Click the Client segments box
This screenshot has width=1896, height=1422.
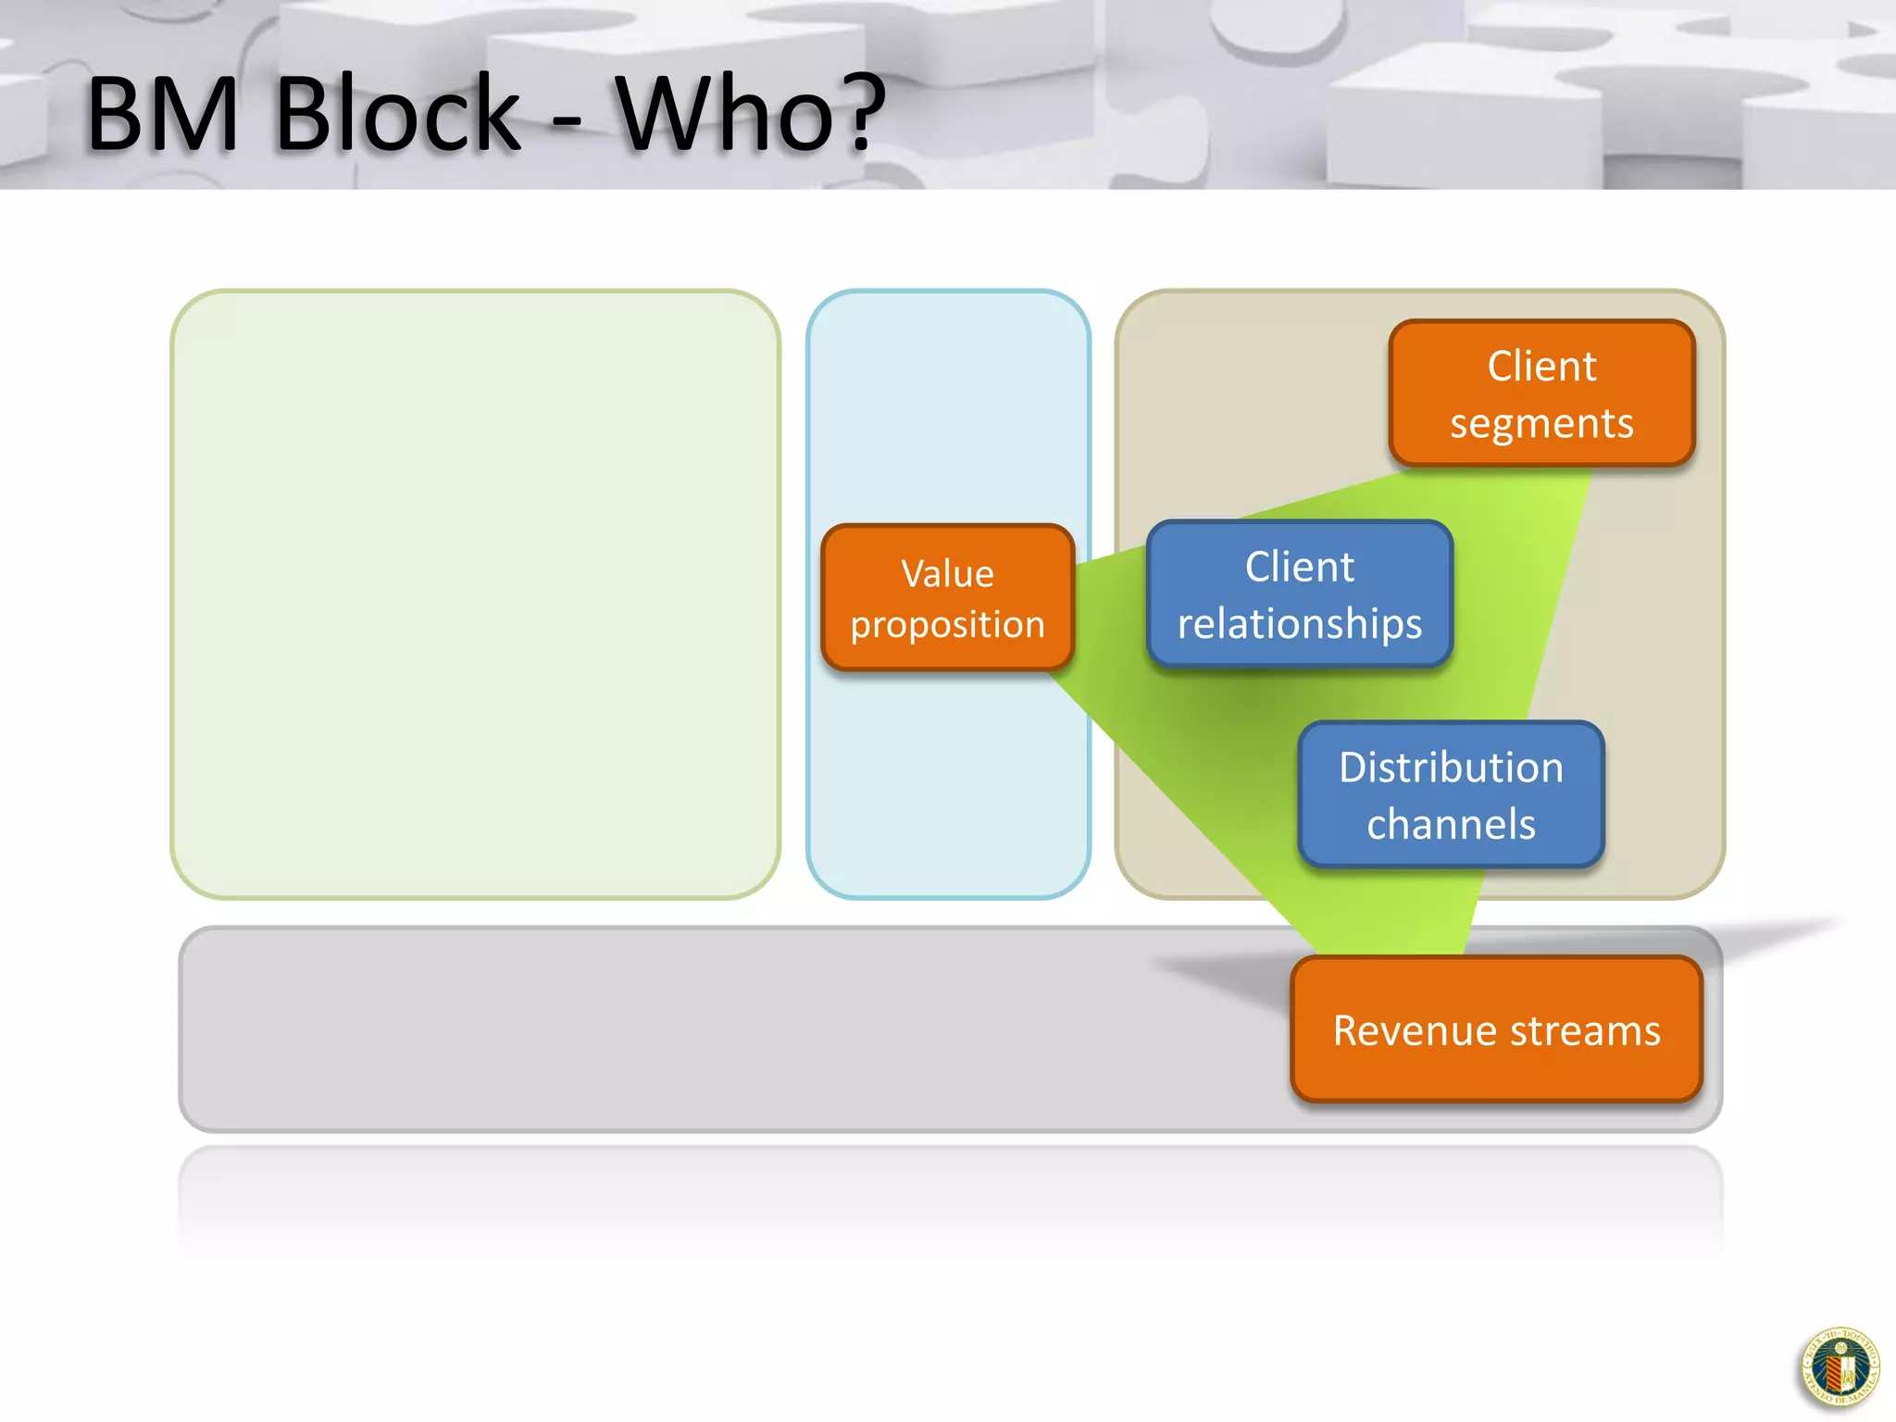click(1541, 393)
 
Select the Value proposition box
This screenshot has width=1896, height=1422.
click(947, 598)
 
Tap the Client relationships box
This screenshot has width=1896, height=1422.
click(1299, 593)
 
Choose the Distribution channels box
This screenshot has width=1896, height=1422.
click(1451, 794)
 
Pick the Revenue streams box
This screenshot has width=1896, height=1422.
click(1496, 1029)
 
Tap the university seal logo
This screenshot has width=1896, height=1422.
click(1840, 1367)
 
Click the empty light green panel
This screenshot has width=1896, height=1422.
click(475, 593)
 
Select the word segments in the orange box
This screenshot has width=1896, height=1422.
click(1541, 424)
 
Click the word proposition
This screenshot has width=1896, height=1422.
click(947, 625)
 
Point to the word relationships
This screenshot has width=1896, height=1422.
click(1299, 623)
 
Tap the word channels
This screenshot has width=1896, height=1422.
click(1451, 824)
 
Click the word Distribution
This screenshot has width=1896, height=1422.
click(1451, 767)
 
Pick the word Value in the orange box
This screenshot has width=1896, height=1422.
click(947, 574)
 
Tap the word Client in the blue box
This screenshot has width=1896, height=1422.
click(1299, 567)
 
